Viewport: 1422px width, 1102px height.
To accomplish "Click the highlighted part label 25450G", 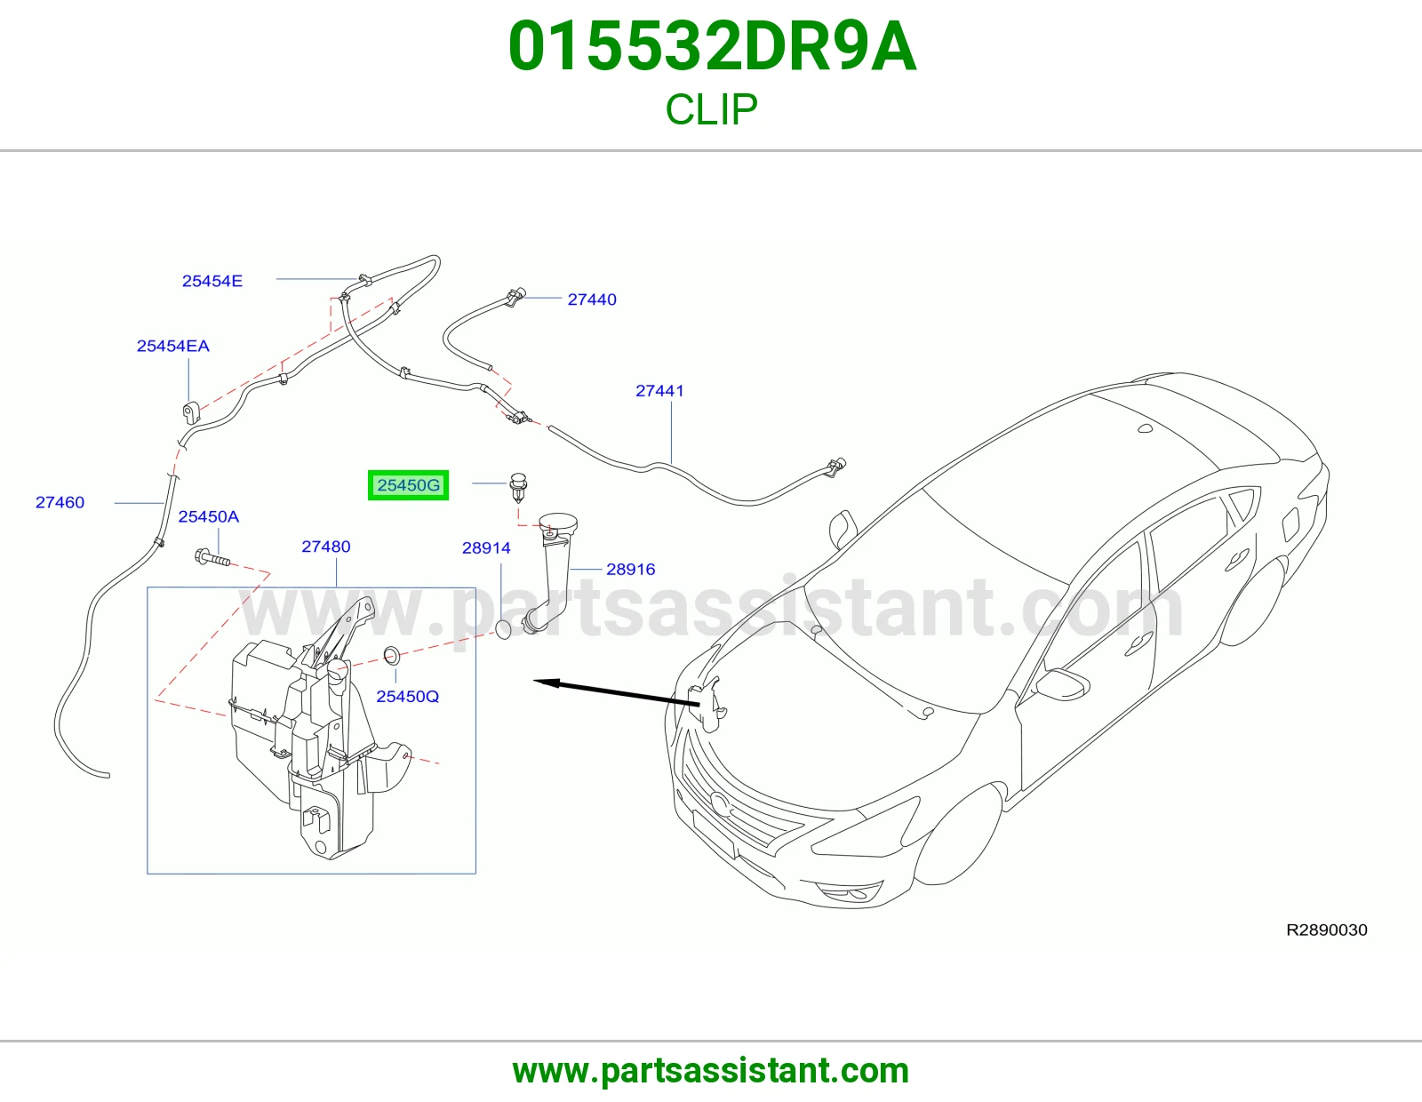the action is tap(408, 485).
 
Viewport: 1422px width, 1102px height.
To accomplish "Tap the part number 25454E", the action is tap(212, 281).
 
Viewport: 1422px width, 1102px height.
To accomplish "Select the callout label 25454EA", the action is tap(172, 346).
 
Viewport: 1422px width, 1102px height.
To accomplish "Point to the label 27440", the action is tap(592, 299).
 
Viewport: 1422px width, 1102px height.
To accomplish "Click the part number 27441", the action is tap(659, 391).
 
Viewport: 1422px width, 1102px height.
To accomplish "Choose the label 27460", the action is tap(60, 502).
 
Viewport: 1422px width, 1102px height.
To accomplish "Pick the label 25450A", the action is tap(209, 516).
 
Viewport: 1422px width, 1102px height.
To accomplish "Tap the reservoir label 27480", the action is tap(326, 547).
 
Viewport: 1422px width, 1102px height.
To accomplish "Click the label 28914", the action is tap(486, 547).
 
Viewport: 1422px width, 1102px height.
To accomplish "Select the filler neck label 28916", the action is tap(630, 569).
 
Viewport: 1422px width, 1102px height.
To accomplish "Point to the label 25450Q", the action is tap(407, 696).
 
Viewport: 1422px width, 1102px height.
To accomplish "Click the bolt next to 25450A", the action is tap(212, 558).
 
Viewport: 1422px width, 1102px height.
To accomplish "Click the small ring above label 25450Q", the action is tap(391, 654).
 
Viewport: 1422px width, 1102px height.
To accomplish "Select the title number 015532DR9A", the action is tap(712, 47).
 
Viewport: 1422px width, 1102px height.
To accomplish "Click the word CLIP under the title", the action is tap(711, 109).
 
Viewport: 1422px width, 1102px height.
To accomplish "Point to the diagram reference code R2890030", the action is tap(1326, 930).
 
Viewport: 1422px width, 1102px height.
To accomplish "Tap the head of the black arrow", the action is tap(535, 682).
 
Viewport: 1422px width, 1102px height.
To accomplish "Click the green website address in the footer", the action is tap(711, 1071).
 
